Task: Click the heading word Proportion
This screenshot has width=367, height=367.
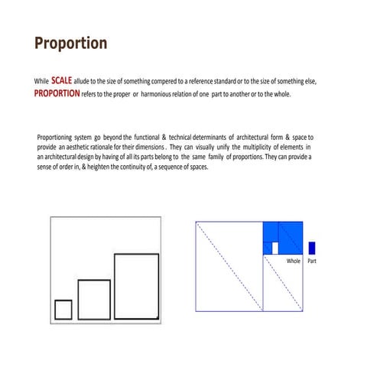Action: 70,43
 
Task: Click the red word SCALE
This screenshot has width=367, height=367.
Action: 62,80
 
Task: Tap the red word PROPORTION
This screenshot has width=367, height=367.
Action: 57,93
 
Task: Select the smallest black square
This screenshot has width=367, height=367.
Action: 63,309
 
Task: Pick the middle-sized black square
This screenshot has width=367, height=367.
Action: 94,299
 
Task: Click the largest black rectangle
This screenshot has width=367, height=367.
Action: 136,285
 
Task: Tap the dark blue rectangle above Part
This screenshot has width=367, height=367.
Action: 312,248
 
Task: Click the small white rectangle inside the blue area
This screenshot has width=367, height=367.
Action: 275,248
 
